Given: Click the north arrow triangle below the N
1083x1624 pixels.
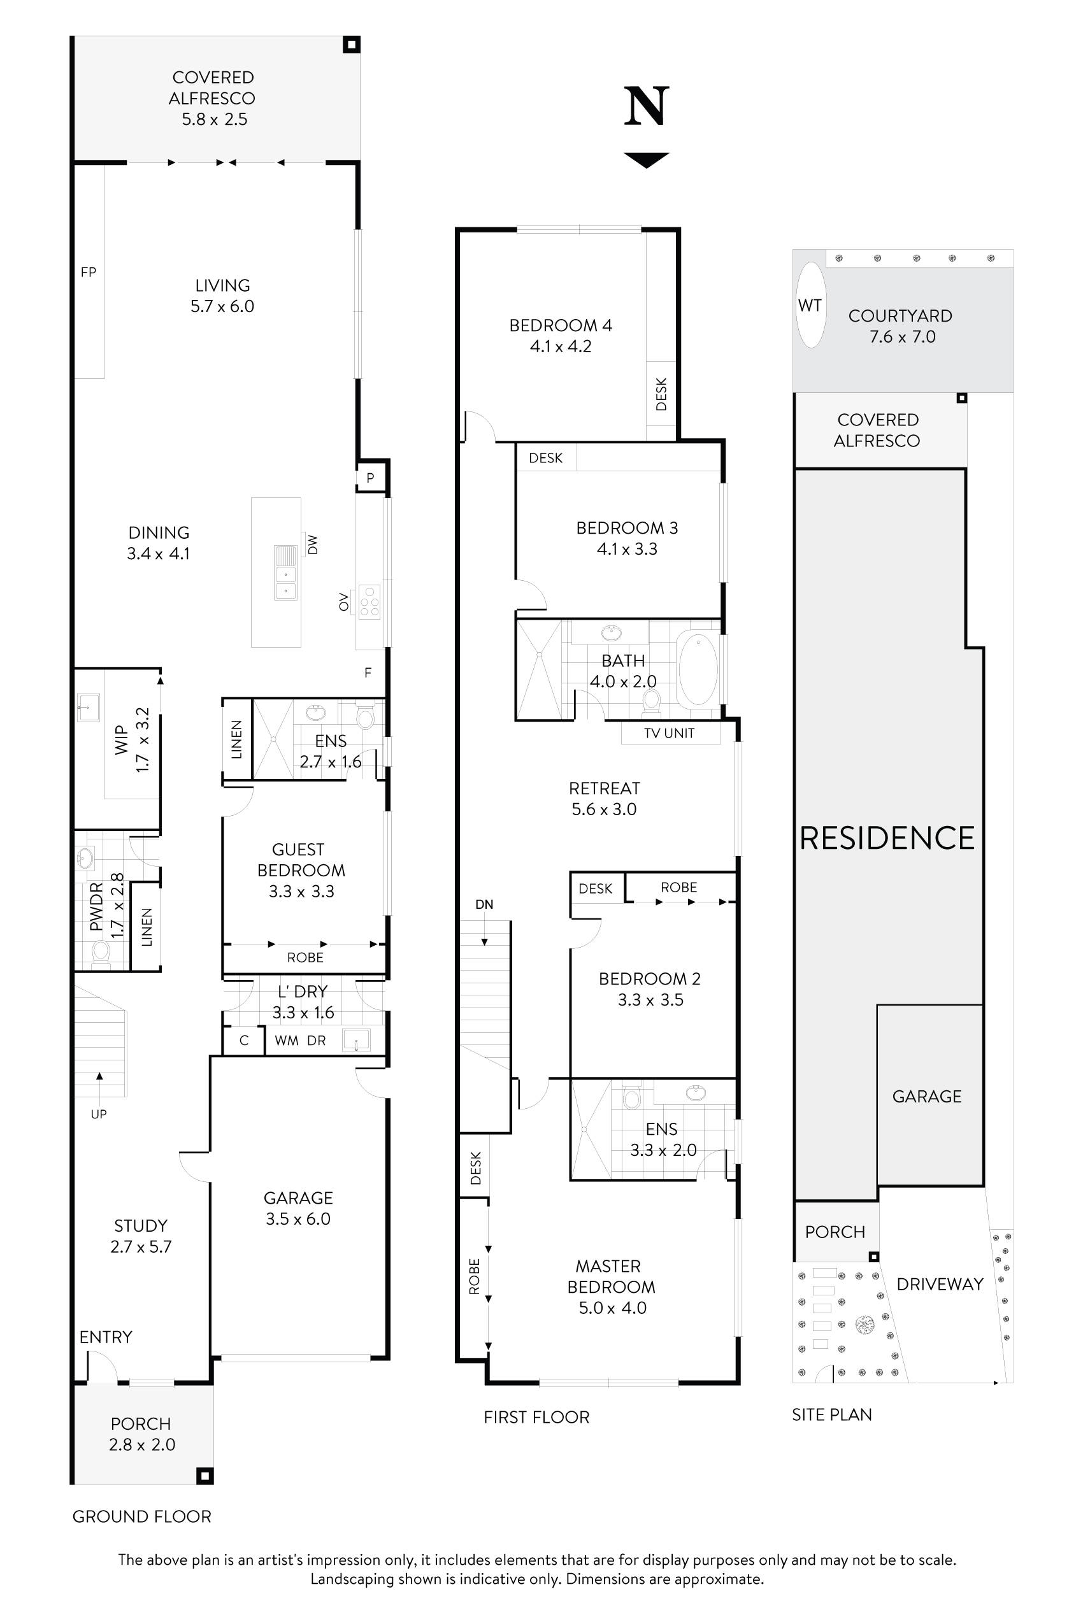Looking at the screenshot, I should [x=647, y=159].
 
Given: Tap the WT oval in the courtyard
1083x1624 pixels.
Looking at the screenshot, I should [x=810, y=305].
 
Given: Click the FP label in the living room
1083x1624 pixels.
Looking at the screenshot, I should [x=89, y=272].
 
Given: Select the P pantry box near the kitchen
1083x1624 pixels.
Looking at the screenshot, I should [x=371, y=478].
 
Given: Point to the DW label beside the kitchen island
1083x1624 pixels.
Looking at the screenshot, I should [x=313, y=545].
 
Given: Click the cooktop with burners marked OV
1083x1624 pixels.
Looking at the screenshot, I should [x=369, y=602].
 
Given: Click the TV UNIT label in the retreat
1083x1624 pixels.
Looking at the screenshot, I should [x=668, y=733].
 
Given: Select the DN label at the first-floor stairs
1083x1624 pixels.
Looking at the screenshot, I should [x=484, y=904].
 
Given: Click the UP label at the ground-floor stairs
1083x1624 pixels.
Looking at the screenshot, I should [x=99, y=1114].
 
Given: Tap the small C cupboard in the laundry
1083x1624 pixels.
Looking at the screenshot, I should [x=244, y=1041].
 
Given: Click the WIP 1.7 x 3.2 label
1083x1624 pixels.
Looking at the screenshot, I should [x=131, y=739].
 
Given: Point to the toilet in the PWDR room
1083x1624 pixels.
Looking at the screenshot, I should [x=101, y=953].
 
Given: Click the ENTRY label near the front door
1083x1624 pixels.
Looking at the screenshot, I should [x=106, y=1337].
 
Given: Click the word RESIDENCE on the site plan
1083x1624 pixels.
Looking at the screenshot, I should [x=887, y=838].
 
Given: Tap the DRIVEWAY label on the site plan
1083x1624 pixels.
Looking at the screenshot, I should [x=939, y=1285].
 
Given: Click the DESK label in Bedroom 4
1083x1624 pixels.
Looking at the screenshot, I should [x=661, y=394].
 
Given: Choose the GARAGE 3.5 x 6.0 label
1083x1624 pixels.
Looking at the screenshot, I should [x=298, y=1208].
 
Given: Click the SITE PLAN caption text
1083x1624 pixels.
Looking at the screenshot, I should [x=831, y=1414].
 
